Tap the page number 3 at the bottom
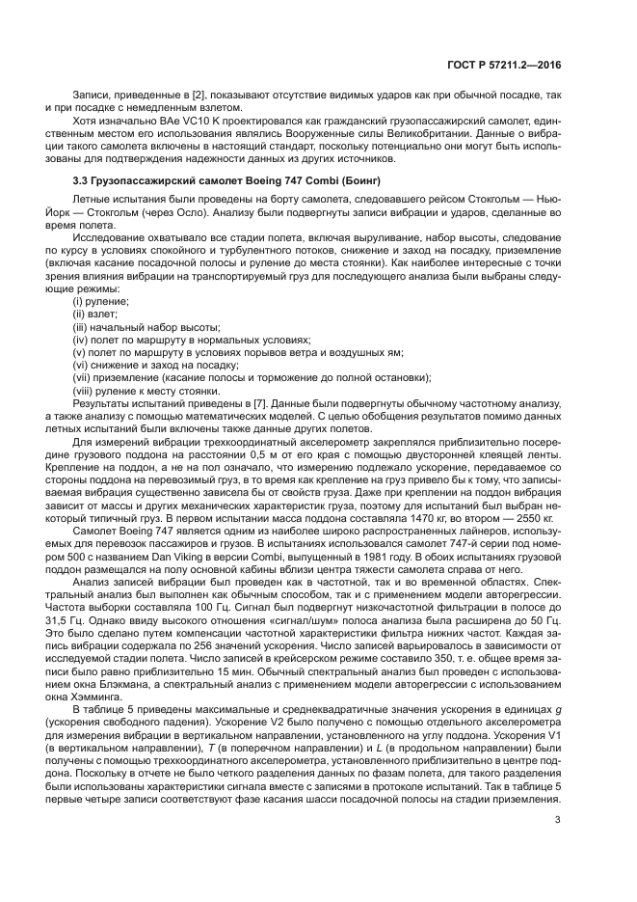[558, 820]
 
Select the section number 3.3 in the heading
[83, 181]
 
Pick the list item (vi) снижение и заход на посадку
[155, 365]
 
